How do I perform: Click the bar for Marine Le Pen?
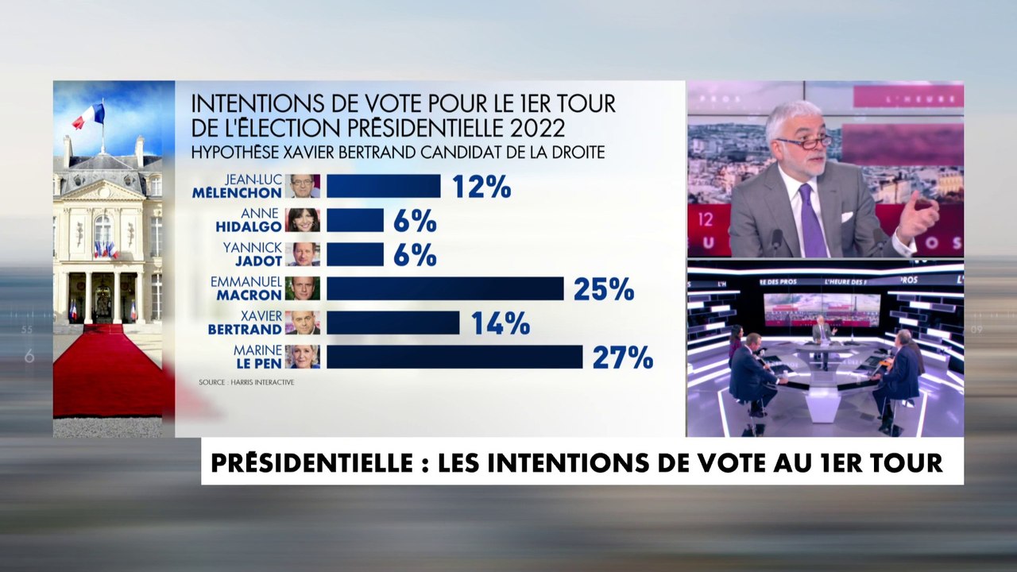(454, 357)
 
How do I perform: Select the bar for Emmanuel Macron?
(445, 288)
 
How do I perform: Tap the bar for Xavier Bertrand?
(392, 323)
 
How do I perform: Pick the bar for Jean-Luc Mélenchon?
(383, 186)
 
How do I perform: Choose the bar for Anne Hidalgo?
(355, 220)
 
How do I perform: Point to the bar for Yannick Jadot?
(355, 254)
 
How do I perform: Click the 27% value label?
(622, 357)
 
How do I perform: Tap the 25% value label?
(603, 289)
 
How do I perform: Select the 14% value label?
(500, 323)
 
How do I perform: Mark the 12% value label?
(481, 187)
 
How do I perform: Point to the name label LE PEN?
(257, 363)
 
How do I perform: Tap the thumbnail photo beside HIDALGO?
(303, 220)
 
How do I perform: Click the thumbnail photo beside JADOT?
(303, 254)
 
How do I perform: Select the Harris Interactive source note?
(246, 382)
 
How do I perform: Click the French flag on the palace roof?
(89, 117)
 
